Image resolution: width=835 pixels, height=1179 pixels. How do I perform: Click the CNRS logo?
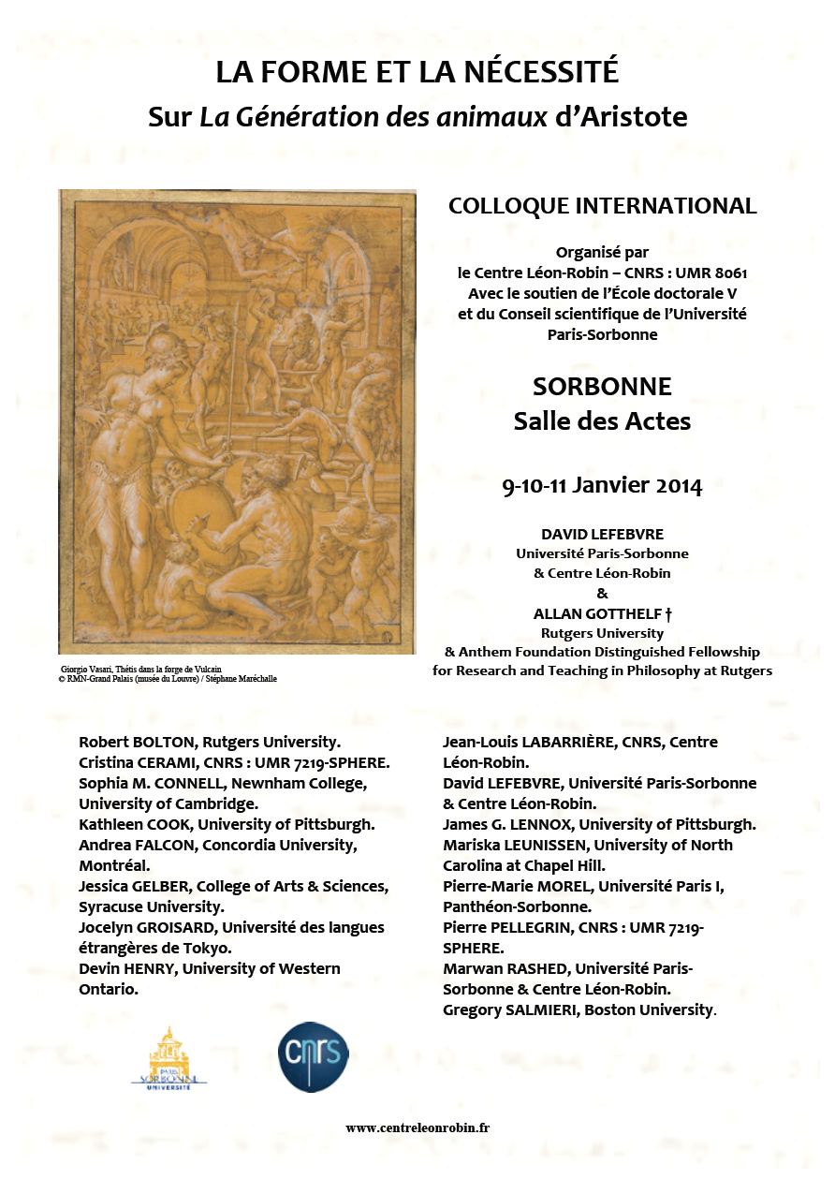[314, 1056]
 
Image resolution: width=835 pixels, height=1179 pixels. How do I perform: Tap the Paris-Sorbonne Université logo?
[168, 1058]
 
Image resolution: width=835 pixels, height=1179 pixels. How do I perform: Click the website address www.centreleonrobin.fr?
[417, 1127]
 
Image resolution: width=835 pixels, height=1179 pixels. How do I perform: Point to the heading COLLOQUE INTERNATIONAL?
[602, 206]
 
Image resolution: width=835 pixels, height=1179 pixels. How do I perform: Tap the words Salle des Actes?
[602, 421]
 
